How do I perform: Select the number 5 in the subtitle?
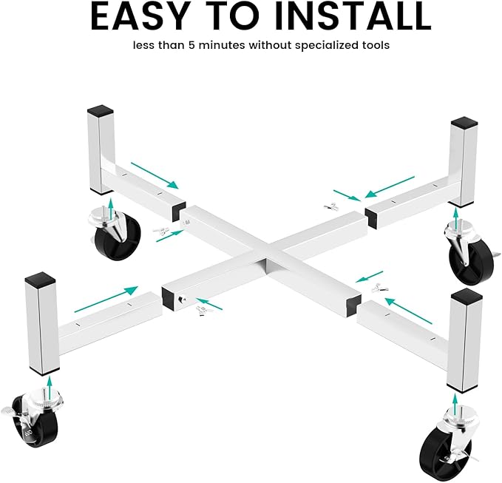point(191,45)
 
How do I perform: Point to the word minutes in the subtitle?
point(222,45)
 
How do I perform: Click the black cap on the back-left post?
point(101,111)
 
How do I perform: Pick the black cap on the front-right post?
point(466,296)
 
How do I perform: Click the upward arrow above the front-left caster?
point(49,388)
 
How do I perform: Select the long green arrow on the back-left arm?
point(155,175)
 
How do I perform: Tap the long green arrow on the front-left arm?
point(106,299)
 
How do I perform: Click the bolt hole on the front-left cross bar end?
point(181,300)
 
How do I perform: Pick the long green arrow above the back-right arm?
point(390,186)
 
